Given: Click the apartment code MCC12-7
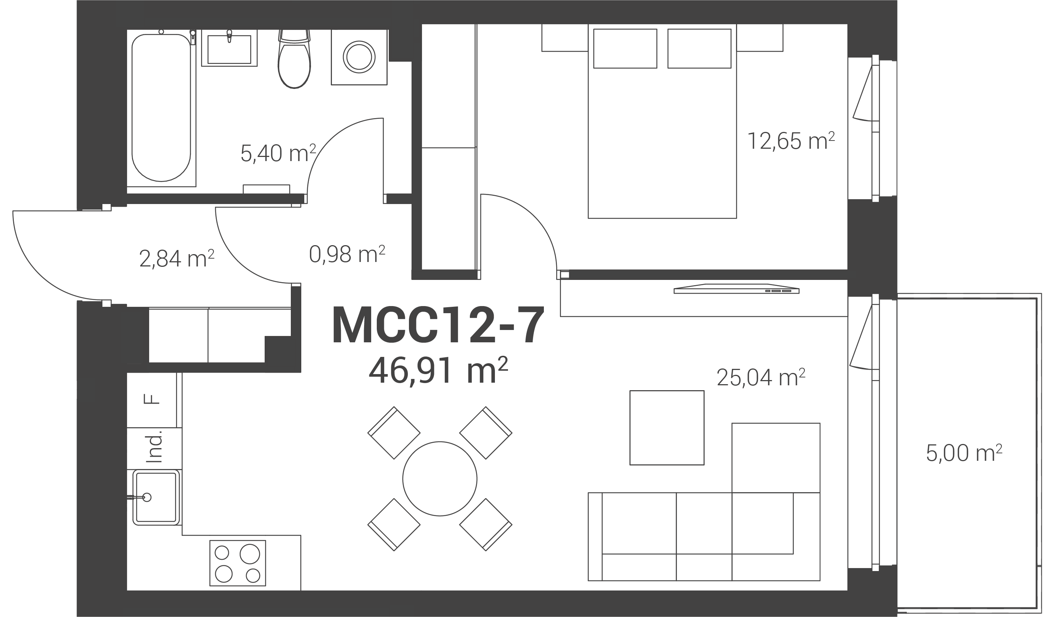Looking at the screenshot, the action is (438, 325).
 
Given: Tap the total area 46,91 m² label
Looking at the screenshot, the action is (438, 370).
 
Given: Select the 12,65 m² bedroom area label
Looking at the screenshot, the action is (791, 141).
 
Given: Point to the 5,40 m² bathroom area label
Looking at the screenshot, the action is (278, 153).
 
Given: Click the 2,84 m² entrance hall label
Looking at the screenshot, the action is (177, 259).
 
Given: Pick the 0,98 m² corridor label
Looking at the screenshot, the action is (347, 254).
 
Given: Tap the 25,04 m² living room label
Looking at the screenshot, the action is (761, 377).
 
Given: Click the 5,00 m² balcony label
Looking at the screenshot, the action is (964, 453).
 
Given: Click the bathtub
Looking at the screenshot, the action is (161, 108).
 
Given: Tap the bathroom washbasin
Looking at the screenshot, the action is (229, 48).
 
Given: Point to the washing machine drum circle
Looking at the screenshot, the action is (359, 57).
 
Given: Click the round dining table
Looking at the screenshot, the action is (440, 479).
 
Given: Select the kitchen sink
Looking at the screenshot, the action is (156, 497).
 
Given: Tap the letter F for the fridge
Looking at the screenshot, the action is (152, 399).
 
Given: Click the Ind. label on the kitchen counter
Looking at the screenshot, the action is (154, 447).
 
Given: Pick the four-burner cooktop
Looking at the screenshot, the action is (237, 563).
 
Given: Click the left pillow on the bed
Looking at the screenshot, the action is (625, 48).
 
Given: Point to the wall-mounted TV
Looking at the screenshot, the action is (736, 289).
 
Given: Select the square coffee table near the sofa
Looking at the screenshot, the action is (667, 428).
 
